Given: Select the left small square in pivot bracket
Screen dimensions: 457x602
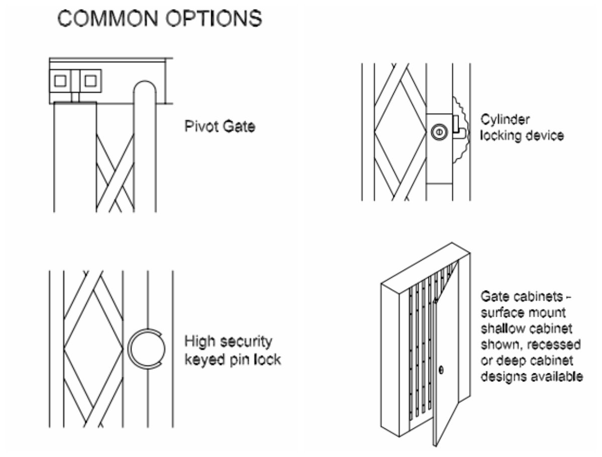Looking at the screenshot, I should click(x=61, y=80).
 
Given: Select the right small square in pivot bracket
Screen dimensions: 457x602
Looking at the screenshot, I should click(x=91, y=80).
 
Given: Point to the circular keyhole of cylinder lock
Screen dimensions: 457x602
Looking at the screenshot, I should click(x=437, y=132).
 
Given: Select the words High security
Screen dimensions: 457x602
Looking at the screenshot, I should click(x=228, y=342).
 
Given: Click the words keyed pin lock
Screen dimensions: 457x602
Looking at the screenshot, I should click(x=232, y=359).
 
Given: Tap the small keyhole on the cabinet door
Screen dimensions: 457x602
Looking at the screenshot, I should click(x=441, y=371).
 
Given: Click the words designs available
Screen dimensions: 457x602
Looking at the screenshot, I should click(x=532, y=376).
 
